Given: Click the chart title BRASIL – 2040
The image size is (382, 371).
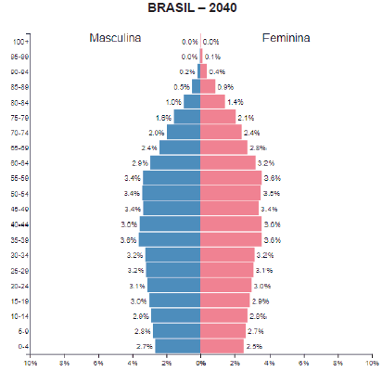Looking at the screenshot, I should coord(192,8).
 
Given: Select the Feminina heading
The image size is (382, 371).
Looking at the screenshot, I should coord(286,39).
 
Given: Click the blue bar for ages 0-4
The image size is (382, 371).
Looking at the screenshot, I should coord(177,346).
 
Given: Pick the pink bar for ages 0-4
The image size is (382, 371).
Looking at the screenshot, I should coord(222,346).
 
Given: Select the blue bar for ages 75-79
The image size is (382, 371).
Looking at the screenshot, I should coord(186,117).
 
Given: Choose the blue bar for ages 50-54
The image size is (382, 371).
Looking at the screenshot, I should coord(172,193).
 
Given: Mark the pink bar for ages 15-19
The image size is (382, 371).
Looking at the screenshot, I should coord(225,301).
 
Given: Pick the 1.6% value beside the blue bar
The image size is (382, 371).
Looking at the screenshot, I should coord(164,117).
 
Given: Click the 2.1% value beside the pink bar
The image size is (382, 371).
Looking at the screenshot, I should coord(246,118).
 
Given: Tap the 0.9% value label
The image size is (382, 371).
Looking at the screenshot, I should coord(225,87).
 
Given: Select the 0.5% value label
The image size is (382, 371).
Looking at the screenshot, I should coord(182,87).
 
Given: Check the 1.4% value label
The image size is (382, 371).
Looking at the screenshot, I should coord(235,102).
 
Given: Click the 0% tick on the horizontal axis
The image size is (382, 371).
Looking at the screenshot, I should coord(200,363).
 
